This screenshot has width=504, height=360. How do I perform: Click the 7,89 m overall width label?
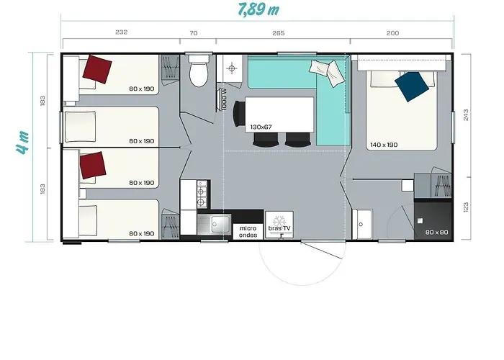258,9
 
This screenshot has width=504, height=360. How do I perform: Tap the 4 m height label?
23,143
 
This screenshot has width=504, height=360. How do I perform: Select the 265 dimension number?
279,33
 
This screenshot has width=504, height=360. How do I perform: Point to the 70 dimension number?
194,33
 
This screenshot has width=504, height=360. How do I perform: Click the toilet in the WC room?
198,71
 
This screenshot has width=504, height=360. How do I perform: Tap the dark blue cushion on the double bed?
412,86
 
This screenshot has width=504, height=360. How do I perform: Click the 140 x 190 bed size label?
384,145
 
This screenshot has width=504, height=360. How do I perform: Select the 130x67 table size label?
261,127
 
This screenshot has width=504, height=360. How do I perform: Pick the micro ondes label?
248,231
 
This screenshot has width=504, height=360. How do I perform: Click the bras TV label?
279,228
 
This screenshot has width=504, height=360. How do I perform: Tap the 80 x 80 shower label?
436,232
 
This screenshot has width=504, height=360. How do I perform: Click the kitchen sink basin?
220,224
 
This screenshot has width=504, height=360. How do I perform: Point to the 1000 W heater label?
225,99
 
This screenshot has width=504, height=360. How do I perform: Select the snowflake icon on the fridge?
279,221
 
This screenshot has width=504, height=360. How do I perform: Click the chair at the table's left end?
239,114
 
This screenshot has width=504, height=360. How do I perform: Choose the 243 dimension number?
466,115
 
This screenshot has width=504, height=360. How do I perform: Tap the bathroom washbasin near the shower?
362,225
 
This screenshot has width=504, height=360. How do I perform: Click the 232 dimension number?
121,32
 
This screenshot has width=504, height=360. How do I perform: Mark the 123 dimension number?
466,207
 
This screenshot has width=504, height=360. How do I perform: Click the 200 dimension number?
393,33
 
